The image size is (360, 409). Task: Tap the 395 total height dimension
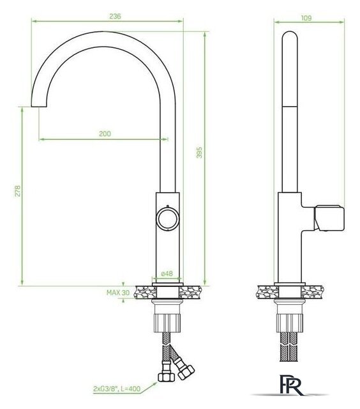[199, 153]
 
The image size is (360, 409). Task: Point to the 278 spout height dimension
[17, 196]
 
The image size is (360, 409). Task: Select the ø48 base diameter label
[167, 274]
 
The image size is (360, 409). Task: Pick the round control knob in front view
[167, 217]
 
